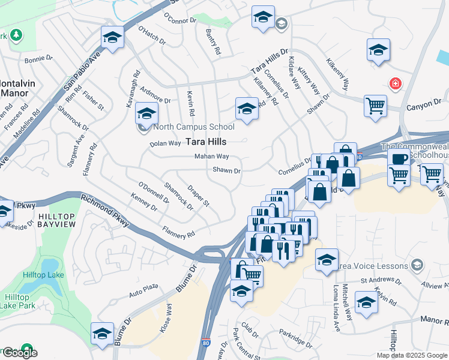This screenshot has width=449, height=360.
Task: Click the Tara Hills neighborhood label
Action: pyautogui.click(x=206, y=142)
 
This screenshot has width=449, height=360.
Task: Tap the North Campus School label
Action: pyautogui.click(x=193, y=127)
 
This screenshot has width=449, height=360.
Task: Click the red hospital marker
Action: pyautogui.click(x=395, y=83)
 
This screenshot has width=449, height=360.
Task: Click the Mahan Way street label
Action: pyautogui.click(x=211, y=157)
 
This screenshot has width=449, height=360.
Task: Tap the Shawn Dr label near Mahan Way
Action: pyautogui.click(x=226, y=170)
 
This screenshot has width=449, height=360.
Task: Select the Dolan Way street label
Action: pyautogui.click(x=165, y=143)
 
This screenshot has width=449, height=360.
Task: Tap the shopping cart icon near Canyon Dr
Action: pyautogui.click(x=375, y=106)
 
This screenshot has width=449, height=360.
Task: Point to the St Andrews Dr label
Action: pyautogui.click(x=381, y=280)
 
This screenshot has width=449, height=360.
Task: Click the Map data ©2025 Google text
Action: pyautogui.click(x=411, y=355)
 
